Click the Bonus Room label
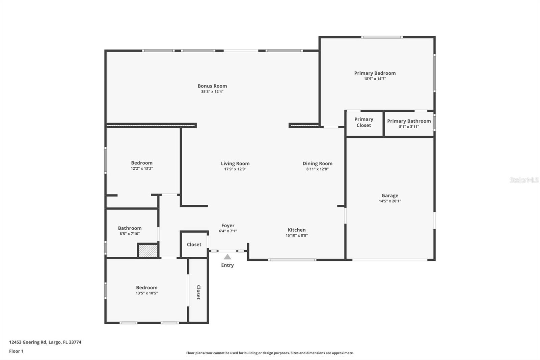coord(212,86)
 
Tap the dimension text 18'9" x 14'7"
coord(375,79)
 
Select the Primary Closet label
coord(363,122)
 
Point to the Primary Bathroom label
coord(409,121)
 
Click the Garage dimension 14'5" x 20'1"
coord(390,201)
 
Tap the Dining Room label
coord(317,163)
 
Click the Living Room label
coord(235,163)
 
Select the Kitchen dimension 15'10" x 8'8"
coord(296,235)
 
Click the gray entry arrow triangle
coord(227,257)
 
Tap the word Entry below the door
coord(227,265)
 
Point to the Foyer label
coord(228,226)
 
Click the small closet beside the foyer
coord(194,245)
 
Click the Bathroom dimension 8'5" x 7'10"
coord(130,234)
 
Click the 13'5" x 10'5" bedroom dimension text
coord(146,293)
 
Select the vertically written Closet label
coord(198,292)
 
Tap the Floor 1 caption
coord(16,351)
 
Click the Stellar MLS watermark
coord(524,180)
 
